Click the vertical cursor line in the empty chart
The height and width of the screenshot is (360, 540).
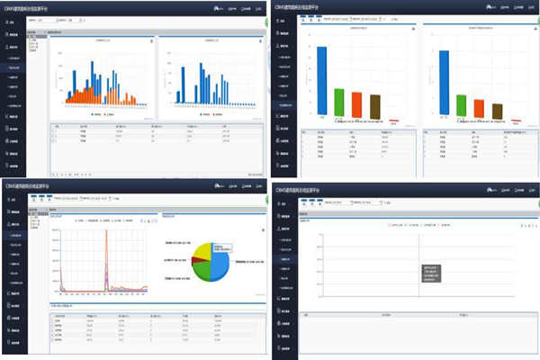(x=419, y=261)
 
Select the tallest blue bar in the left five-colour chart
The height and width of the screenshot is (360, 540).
(x=321, y=81)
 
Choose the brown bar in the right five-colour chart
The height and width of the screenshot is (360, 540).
(x=498, y=111)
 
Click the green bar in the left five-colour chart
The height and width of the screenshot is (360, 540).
(x=339, y=102)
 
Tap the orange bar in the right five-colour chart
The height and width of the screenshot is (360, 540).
(x=480, y=108)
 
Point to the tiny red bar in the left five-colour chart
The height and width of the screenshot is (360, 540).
(x=392, y=118)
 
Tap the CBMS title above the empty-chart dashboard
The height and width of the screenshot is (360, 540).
(x=301, y=190)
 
